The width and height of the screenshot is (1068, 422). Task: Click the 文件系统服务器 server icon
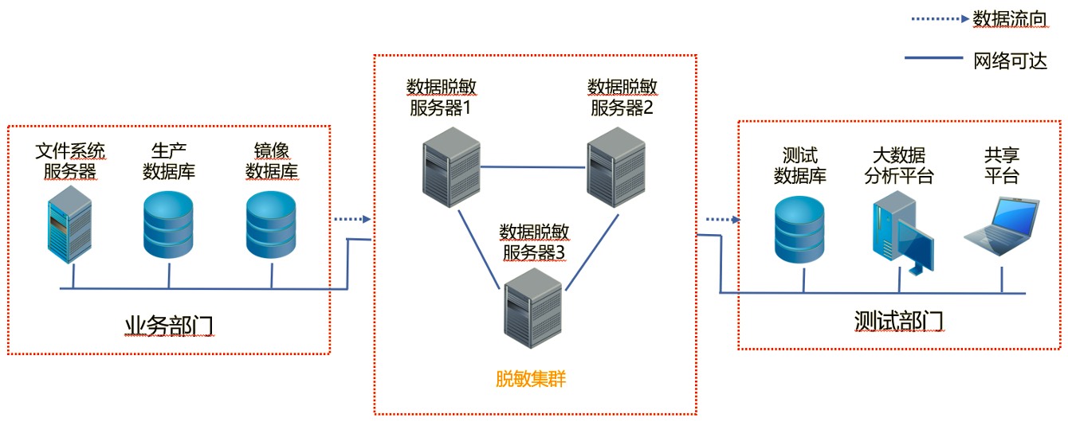click(x=68, y=225)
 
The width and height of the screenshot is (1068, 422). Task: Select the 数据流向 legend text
click(x=1009, y=20)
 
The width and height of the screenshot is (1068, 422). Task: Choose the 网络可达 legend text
click(x=1009, y=60)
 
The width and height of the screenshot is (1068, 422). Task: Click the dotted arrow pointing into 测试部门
click(x=722, y=218)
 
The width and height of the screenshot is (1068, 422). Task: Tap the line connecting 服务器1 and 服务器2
click(x=533, y=167)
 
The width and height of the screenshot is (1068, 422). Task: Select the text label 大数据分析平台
click(x=899, y=166)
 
